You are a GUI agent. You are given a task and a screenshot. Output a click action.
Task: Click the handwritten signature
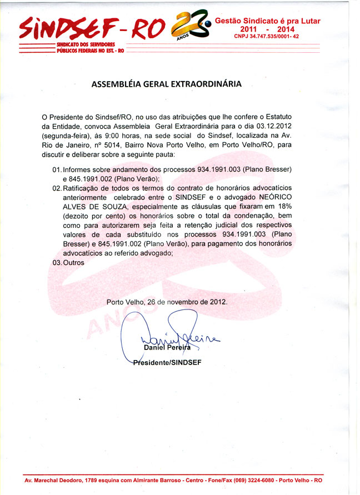pos(167,336)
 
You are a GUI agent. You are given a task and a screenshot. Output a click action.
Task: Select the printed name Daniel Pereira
pos(167,348)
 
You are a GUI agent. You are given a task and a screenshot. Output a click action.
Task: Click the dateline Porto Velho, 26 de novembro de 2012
pos(167,302)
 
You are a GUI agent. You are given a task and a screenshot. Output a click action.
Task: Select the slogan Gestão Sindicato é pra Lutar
pos(267,21)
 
